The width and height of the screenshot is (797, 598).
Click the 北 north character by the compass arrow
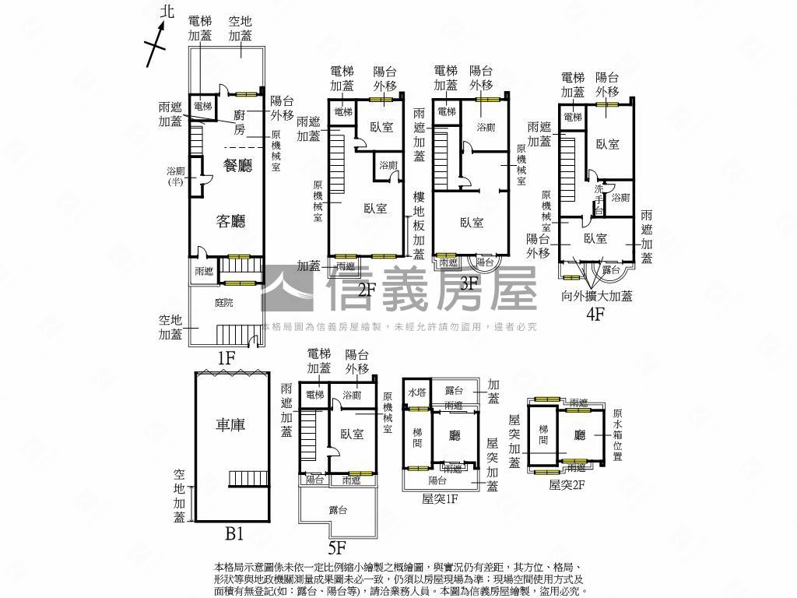pos(165,11)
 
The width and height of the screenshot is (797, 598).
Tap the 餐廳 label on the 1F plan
pos(238,165)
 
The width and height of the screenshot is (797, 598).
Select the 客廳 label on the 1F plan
pos(231,222)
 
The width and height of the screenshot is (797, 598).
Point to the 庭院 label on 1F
pos(225,303)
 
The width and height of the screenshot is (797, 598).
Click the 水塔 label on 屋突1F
pos(416,392)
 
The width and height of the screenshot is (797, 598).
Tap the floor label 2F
pos(367,291)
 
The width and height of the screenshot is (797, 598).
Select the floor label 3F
pos(469,283)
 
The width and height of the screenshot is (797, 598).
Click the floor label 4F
pos(596,315)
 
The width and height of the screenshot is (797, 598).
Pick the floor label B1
pos(235,535)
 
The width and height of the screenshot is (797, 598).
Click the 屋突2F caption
pos(567,484)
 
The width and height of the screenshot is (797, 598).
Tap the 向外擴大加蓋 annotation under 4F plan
pos(597,296)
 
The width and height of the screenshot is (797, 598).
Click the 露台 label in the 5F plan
pos(338,509)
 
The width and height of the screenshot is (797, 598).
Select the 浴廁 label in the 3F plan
pos(486,127)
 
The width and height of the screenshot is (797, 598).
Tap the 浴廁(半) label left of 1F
pos(174,177)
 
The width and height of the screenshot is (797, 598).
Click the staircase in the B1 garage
pos(248,478)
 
